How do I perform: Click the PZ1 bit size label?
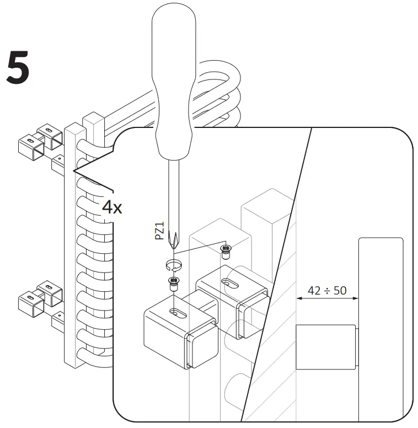(x=159, y=228)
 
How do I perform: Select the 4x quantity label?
(x=112, y=207)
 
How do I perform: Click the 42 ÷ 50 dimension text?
(x=327, y=290)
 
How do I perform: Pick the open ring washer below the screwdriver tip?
(x=174, y=265)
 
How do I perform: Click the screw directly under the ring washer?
(x=174, y=285)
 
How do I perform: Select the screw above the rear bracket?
(x=225, y=252)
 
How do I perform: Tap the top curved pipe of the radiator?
(x=221, y=72)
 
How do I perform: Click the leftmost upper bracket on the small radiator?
(x=28, y=147)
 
